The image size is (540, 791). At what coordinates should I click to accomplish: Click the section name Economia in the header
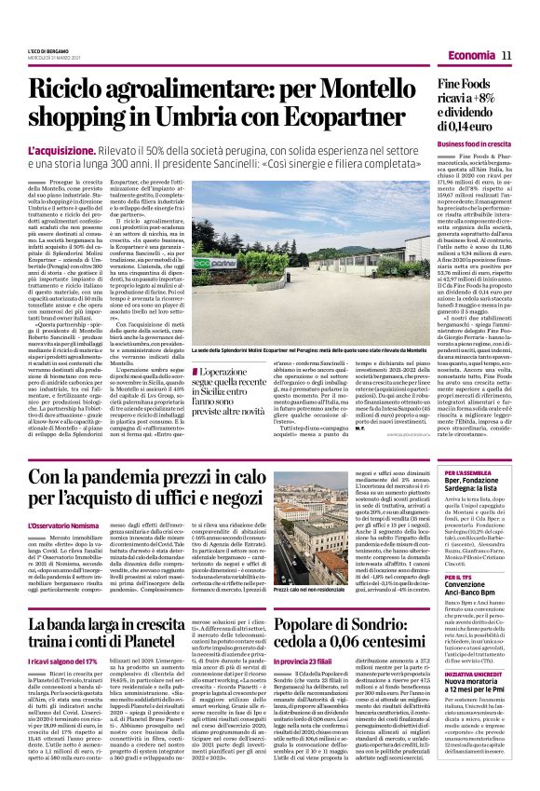pos(470,57)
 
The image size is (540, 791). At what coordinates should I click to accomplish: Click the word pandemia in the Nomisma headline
pos(121,478)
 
